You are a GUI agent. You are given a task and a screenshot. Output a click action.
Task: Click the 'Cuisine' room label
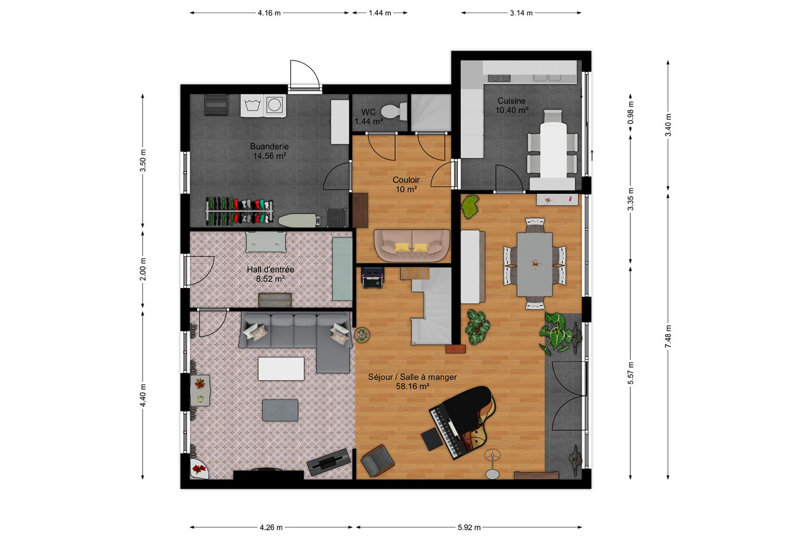coord(511,101)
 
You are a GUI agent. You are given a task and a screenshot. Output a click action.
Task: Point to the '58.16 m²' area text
coord(412,387)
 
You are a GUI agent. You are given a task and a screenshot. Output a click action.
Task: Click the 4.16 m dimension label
coord(269,13)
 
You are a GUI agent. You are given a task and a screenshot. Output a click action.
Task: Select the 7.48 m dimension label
coord(668,336)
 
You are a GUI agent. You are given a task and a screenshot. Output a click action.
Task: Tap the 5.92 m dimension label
coord(469,527)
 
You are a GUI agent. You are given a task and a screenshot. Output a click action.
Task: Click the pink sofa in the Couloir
coord(412,246)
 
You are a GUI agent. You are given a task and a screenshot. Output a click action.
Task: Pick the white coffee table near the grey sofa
coord(281,369)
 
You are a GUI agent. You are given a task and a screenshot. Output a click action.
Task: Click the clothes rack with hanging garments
coord(239,211)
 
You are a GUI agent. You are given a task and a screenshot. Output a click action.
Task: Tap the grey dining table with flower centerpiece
coord(534,264)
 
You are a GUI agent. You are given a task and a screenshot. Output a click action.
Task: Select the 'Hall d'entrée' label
coord(270,270)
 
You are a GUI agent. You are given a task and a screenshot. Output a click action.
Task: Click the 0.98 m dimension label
coord(631,113)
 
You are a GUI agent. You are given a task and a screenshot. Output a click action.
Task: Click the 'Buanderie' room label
coord(269,146)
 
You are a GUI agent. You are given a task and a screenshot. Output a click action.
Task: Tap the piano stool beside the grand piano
coord(432,439)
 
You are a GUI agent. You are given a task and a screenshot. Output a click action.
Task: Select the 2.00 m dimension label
coord(143,269)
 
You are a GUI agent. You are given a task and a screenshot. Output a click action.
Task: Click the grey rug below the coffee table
coord(280,410)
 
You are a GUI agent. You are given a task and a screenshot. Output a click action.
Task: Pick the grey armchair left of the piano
coord(377,460)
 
